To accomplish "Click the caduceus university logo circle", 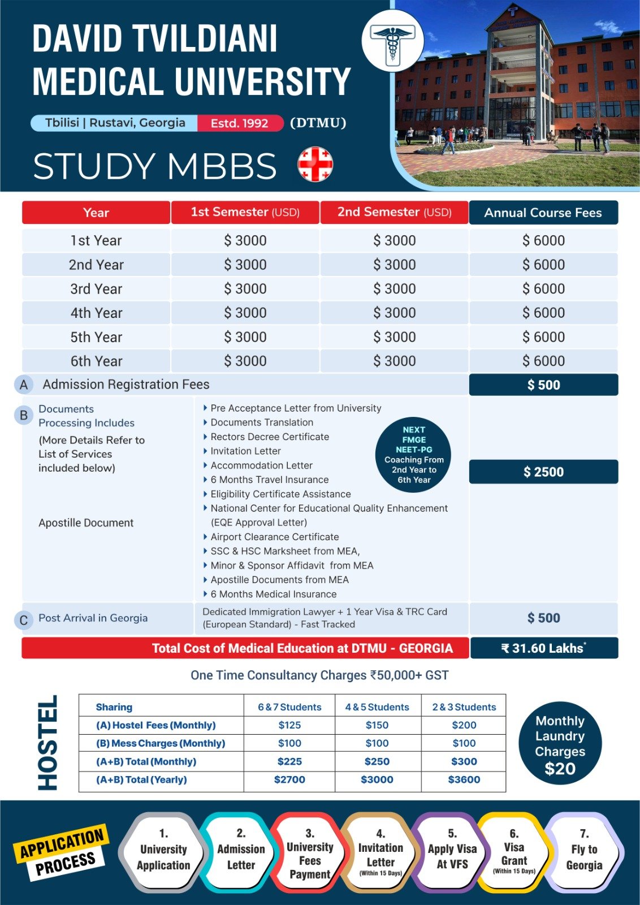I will (392, 41).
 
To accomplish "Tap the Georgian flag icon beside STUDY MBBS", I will (315, 164).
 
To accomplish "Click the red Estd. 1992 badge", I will (240, 123).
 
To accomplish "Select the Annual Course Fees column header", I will (543, 213).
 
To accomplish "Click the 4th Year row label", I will (96, 313).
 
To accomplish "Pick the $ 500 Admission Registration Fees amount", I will (543, 385).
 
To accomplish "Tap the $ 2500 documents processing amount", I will (543, 472).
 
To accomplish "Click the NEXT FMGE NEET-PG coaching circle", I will (414, 455).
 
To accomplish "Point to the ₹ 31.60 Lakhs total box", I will (543, 648).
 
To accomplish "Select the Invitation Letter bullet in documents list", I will (245, 451).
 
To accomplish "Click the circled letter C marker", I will (23, 620).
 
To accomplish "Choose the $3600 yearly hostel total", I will (464, 779).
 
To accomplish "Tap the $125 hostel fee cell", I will (289, 725).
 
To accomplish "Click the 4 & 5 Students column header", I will (377, 707).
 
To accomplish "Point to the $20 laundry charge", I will (560, 769).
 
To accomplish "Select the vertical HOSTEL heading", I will (47, 743).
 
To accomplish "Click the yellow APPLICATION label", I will (62, 842).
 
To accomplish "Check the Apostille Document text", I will (86, 523).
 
